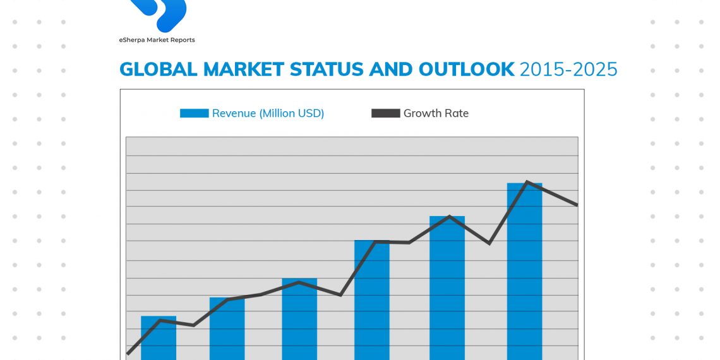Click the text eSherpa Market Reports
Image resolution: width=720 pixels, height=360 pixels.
click(157, 40)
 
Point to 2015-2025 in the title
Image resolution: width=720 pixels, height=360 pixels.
click(568, 69)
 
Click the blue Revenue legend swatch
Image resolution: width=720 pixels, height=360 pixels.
click(194, 114)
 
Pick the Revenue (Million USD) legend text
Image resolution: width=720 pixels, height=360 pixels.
click(268, 114)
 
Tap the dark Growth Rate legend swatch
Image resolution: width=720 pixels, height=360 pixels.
click(385, 114)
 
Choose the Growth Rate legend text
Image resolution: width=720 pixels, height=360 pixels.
click(436, 114)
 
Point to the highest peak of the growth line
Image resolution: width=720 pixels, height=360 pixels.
click(526, 182)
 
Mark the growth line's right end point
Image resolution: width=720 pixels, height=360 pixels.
click(577, 205)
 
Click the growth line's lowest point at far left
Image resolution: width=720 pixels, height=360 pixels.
click(128, 354)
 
